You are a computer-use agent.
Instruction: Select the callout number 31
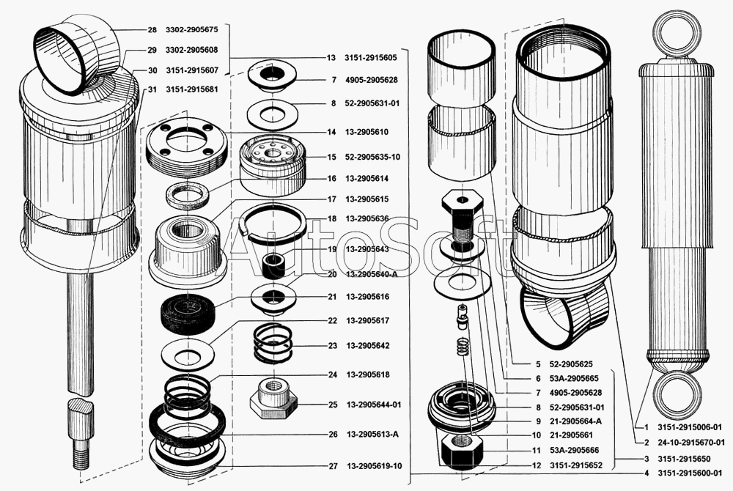[152, 90]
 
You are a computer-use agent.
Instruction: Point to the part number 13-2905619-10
[374, 466]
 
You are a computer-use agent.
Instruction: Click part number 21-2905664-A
[576, 421]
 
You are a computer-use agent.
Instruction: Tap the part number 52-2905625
[571, 363]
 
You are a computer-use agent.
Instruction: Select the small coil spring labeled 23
[273, 344]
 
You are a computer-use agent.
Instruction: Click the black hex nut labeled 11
[457, 447]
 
